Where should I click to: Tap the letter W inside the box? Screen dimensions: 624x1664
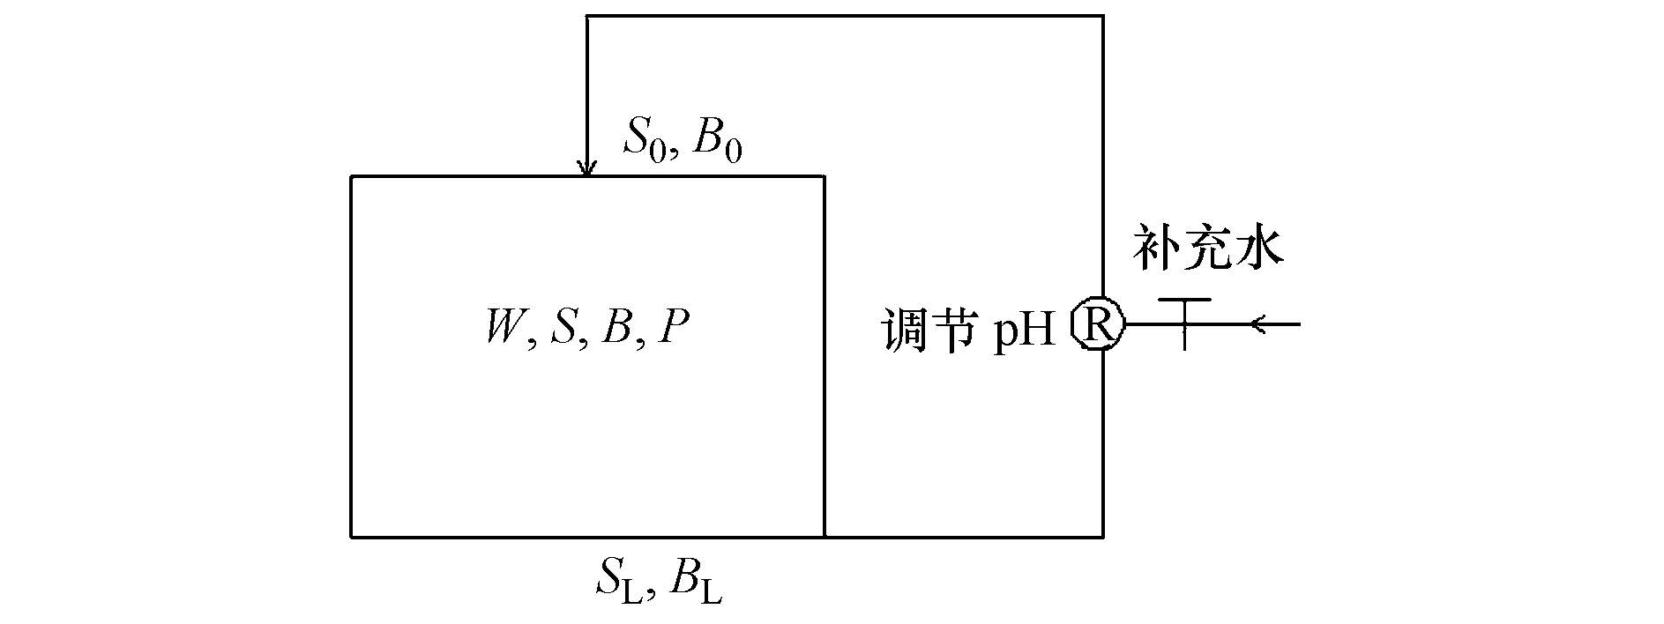(504, 328)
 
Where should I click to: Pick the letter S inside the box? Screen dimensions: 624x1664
(563, 328)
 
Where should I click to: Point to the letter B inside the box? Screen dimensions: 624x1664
(616, 328)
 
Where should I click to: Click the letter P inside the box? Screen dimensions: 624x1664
(673, 328)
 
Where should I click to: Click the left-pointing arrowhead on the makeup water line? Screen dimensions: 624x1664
(1258, 325)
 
